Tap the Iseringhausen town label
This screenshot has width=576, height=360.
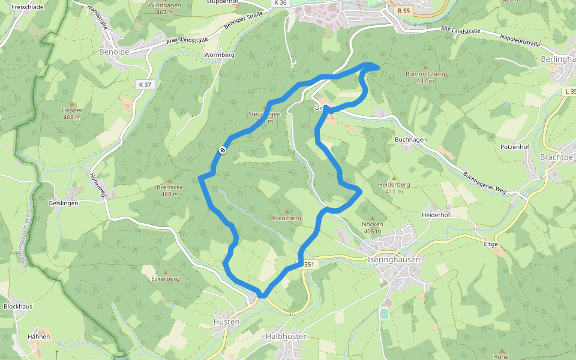click(x=393, y=260)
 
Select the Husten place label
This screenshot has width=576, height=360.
click(x=226, y=322)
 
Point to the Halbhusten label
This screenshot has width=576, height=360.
click(x=287, y=337)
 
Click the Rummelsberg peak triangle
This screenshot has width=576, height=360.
click(x=425, y=67)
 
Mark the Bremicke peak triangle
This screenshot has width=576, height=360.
click(x=169, y=181)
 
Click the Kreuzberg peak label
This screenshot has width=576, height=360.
click(x=286, y=218)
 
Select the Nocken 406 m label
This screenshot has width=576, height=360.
click(x=373, y=227)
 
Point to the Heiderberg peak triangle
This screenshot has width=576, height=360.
click(x=394, y=178)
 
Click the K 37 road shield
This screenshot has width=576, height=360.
click(x=145, y=85)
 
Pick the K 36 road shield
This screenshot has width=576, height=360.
click(x=280, y=3)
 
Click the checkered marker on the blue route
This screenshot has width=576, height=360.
click(x=222, y=150)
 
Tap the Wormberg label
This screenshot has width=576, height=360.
click(x=219, y=55)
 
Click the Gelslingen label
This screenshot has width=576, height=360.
click(x=63, y=203)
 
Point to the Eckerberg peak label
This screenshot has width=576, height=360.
click(x=166, y=279)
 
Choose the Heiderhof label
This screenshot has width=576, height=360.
click(x=436, y=215)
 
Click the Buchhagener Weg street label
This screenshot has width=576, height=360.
click(x=485, y=183)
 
